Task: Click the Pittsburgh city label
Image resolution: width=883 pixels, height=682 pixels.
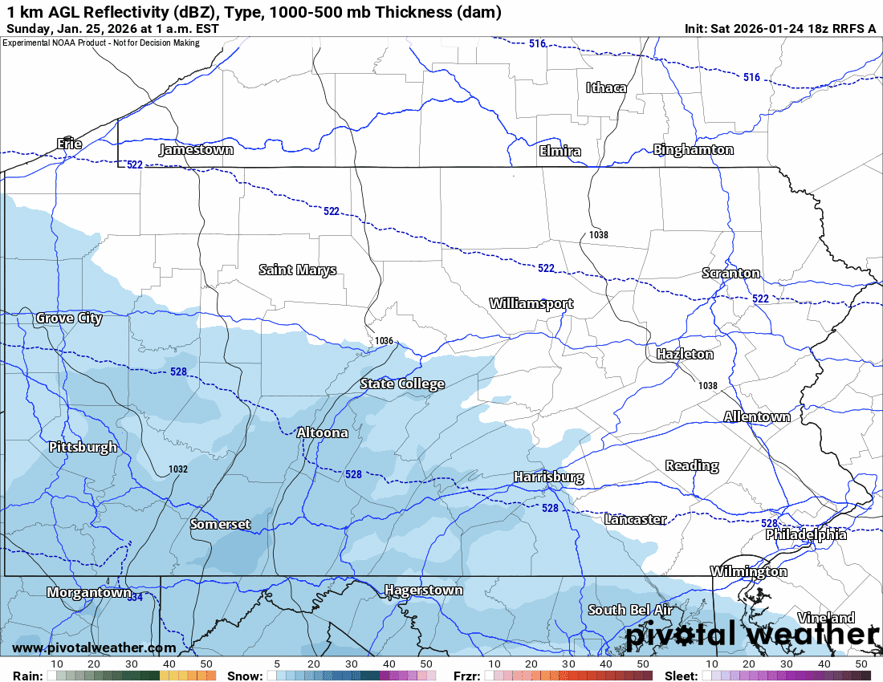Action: click(83, 447)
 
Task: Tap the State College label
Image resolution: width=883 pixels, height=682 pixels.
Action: click(402, 384)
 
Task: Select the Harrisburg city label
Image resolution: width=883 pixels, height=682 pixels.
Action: click(548, 477)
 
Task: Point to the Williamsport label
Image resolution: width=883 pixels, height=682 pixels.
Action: click(531, 303)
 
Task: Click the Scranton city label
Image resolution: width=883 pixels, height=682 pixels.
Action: click(730, 273)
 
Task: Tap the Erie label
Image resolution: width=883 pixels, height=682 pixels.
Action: click(69, 144)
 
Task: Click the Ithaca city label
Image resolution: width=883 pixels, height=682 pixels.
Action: click(606, 87)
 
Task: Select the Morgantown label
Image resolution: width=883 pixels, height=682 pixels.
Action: click(88, 592)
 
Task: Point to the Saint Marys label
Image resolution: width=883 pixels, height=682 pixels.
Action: click(298, 270)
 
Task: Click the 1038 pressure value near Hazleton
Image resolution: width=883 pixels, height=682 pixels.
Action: click(707, 386)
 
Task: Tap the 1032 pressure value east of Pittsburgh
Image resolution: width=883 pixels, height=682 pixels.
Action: click(178, 469)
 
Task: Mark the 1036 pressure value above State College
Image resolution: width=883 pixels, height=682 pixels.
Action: click(384, 341)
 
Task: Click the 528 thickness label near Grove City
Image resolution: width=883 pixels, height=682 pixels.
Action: click(179, 371)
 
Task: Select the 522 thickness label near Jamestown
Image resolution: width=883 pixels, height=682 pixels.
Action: click(135, 164)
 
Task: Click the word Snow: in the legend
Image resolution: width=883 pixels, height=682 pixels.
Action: click(245, 676)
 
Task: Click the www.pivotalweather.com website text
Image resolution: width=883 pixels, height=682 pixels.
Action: click(94, 647)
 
